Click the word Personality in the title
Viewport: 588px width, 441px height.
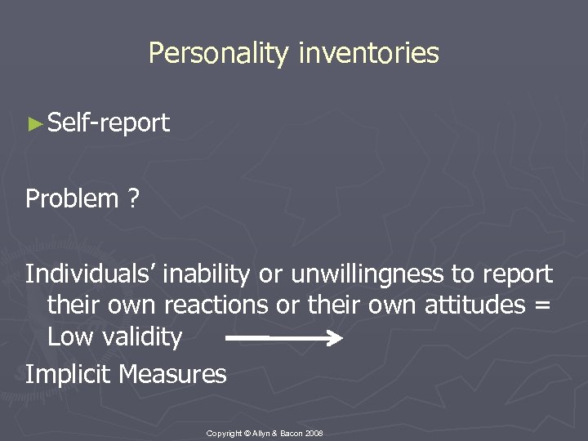(x=219, y=54)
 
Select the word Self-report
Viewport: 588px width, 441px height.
(x=109, y=123)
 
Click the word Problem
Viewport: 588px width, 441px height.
(x=72, y=198)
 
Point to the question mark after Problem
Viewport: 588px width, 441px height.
(x=132, y=198)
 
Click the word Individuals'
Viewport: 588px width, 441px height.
(x=90, y=274)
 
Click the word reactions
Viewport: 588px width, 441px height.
(x=214, y=305)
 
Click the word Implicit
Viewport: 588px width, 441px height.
(x=69, y=374)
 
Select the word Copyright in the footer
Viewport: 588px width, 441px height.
(x=225, y=433)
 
